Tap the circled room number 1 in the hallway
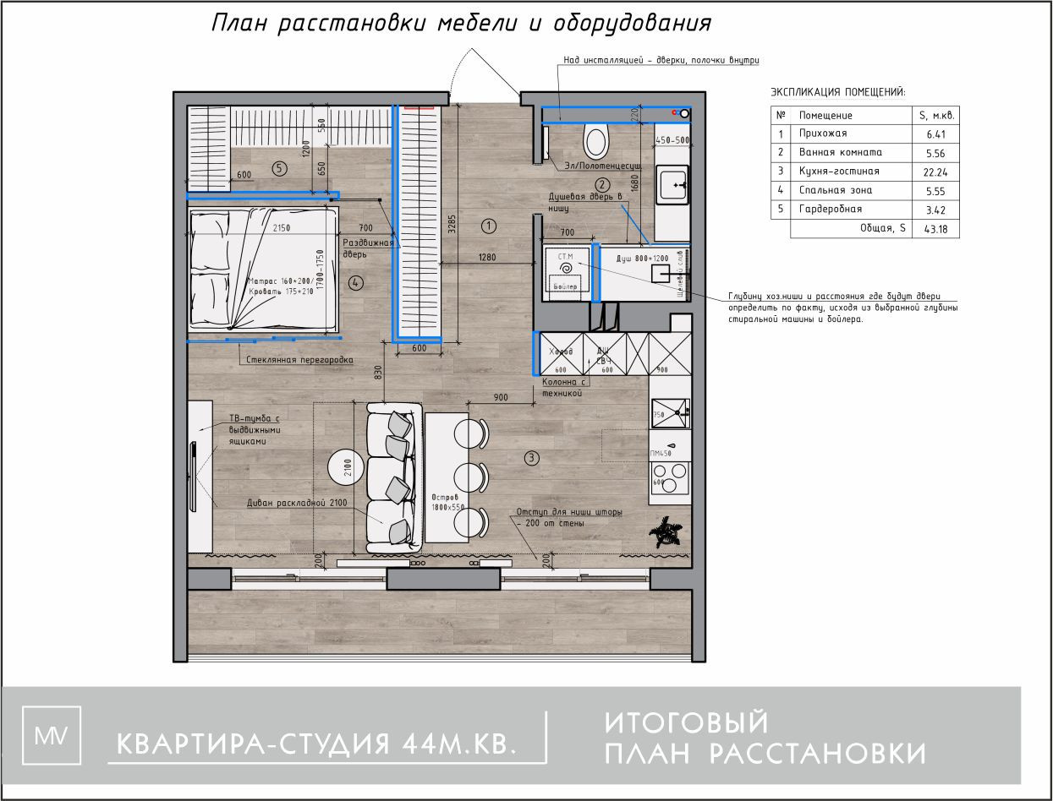488,226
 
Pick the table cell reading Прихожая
823,133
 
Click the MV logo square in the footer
52,734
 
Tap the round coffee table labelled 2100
348,464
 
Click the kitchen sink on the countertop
670,414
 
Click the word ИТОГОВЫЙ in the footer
687,723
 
